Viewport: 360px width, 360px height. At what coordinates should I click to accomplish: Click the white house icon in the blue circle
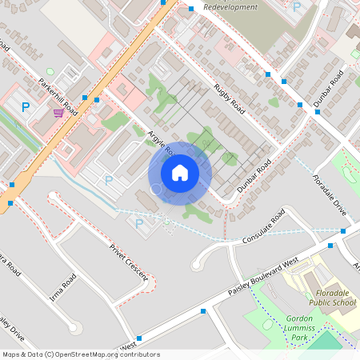(x=180, y=172)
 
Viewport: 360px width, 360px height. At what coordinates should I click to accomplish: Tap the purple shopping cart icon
(x=58, y=113)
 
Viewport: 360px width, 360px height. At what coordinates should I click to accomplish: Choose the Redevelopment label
(x=231, y=7)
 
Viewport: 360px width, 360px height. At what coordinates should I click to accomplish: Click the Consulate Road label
(x=266, y=226)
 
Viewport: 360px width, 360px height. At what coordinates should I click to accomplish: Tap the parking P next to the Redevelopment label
(x=297, y=7)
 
